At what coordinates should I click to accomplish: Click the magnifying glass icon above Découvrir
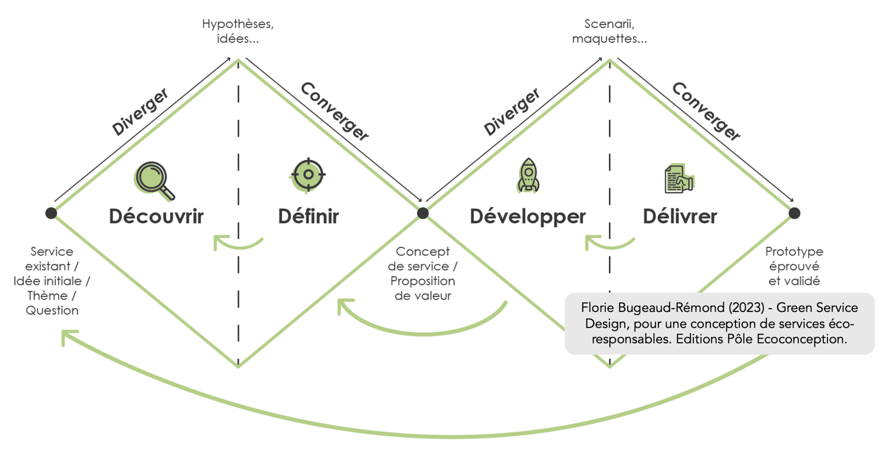pyautogui.click(x=154, y=181)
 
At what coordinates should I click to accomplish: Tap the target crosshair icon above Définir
pyautogui.click(x=308, y=175)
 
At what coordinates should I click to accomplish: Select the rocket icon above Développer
pyautogui.click(x=528, y=175)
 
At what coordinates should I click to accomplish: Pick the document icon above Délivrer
pyautogui.click(x=679, y=179)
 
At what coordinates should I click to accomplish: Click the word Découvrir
pyautogui.click(x=156, y=216)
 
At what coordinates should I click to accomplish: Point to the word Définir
pyautogui.click(x=309, y=216)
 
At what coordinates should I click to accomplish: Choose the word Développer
pyautogui.click(x=528, y=217)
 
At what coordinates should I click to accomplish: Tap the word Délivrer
pyautogui.click(x=680, y=216)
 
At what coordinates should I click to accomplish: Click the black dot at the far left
pyautogui.click(x=51, y=213)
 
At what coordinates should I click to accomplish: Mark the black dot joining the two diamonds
pyautogui.click(x=423, y=213)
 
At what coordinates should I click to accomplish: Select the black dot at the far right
pyautogui.click(x=794, y=213)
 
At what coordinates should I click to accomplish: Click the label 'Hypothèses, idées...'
pyautogui.click(x=238, y=31)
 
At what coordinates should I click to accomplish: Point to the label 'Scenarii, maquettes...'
pyautogui.click(x=609, y=31)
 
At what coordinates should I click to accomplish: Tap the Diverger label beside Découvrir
pyautogui.click(x=140, y=112)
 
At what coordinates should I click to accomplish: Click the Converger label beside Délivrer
pyautogui.click(x=706, y=111)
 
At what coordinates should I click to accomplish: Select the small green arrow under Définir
pyautogui.click(x=237, y=243)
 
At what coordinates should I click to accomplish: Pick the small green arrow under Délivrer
pyautogui.click(x=609, y=243)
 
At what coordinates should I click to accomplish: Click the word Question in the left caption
pyautogui.click(x=52, y=311)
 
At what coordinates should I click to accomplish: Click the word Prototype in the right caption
pyautogui.click(x=794, y=252)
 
